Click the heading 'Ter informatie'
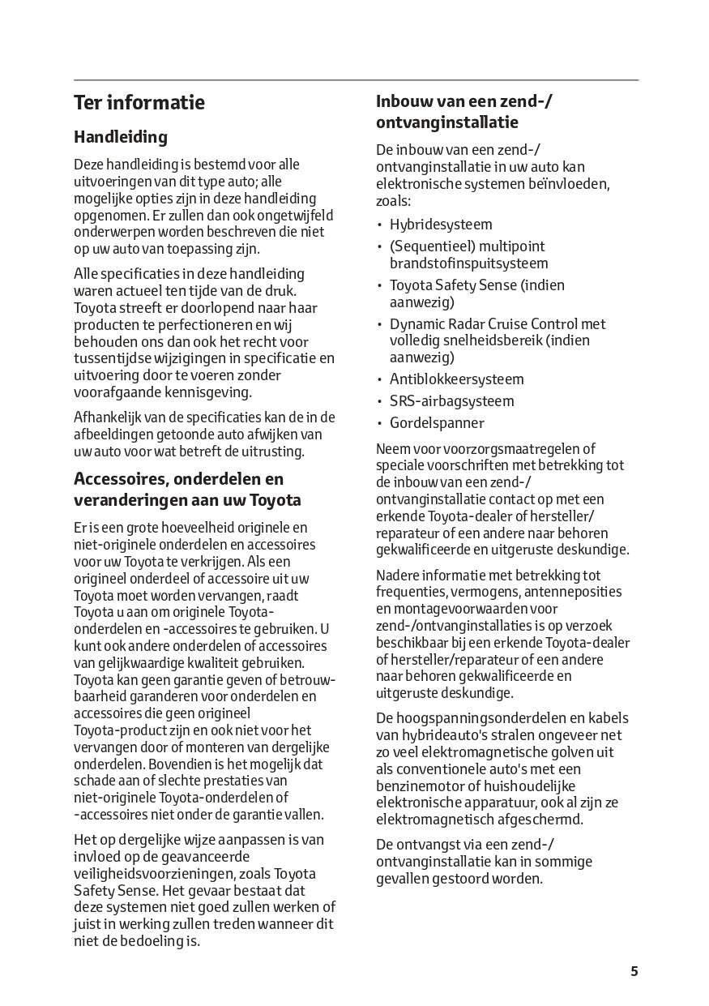coord(139,103)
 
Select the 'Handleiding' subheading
coord(121,137)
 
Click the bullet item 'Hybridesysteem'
coord(441,225)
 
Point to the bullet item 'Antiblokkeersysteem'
coord(456,379)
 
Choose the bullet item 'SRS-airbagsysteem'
coord(451,401)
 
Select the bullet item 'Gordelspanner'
coord(437,423)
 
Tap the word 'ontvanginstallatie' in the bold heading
coord(447,123)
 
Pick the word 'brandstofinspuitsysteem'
coord(468,263)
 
